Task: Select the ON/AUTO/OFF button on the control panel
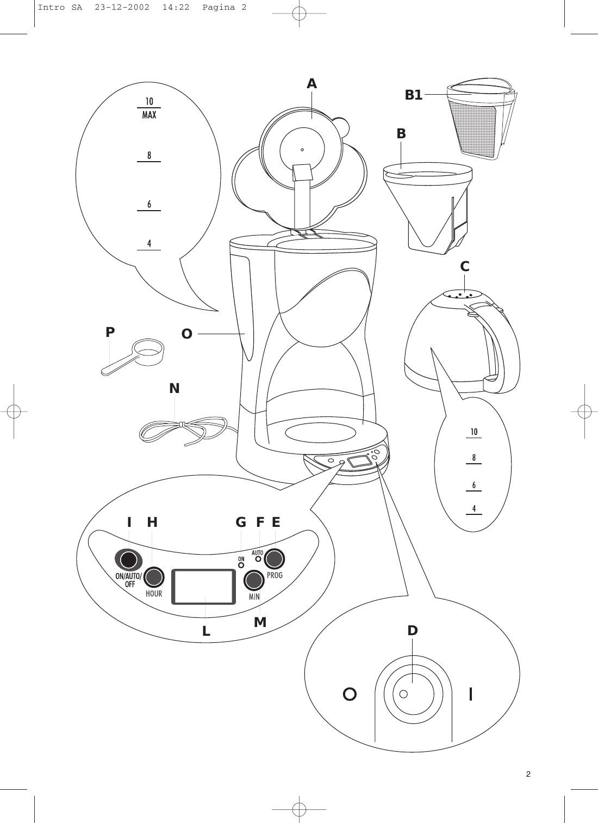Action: [x=128, y=560]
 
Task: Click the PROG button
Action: [x=275, y=558]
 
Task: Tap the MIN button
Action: [x=253, y=580]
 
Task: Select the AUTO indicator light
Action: [x=258, y=560]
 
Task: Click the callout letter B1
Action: [x=413, y=95]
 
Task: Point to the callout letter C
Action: [x=464, y=267]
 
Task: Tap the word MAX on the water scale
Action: [x=149, y=115]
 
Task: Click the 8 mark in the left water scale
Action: [x=148, y=156]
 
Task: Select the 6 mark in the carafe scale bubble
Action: [x=474, y=484]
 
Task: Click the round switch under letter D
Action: [x=412, y=693]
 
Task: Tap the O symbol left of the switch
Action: [x=350, y=693]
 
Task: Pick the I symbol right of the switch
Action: [x=471, y=693]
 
